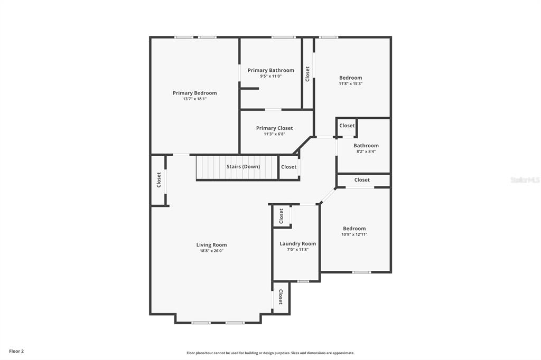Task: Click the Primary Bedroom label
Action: pyautogui.click(x=194, y=93)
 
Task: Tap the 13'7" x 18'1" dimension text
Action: pyautogui.click(x=194, y=99)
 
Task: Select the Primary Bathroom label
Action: pyautogui.click(x=271, y=70)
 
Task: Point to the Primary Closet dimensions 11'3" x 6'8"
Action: pyautogui.click(x=274, y=134)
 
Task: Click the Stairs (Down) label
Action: pyautogui.click(x=243, y=167)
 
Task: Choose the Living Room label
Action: pyautogui.click(x=211, y=245)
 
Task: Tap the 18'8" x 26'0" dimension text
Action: pyautogui.click(x=211, y=251)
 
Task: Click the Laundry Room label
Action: pyautogui.click(x=298, y=243)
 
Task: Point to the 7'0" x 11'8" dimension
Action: pyautogui.click(x=298, y=250)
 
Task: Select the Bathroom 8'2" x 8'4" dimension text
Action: pyautogui.click(x=366, y=151)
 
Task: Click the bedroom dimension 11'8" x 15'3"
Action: pyautogui.click(x=351, y=84)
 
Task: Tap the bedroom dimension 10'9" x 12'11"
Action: pyautogui.click(x=355, y=234)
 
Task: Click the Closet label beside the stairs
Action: pyautogui.click(x=289, y=167)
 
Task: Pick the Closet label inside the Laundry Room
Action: pyautogui.click(x=281, y=216)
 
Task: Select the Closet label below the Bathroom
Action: pyautogui.click(x=362, y=180)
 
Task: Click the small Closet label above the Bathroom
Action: pyautogui.click(x=347, y=126)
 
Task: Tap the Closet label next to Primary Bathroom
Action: pyautogui.click(x=307, y=74)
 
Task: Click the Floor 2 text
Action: pyautogui.click(x=16, y=352)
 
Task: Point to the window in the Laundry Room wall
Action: pyautogui.click(x=303, y=281)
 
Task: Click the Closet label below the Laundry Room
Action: pyautogui.click(x=281, y=297)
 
